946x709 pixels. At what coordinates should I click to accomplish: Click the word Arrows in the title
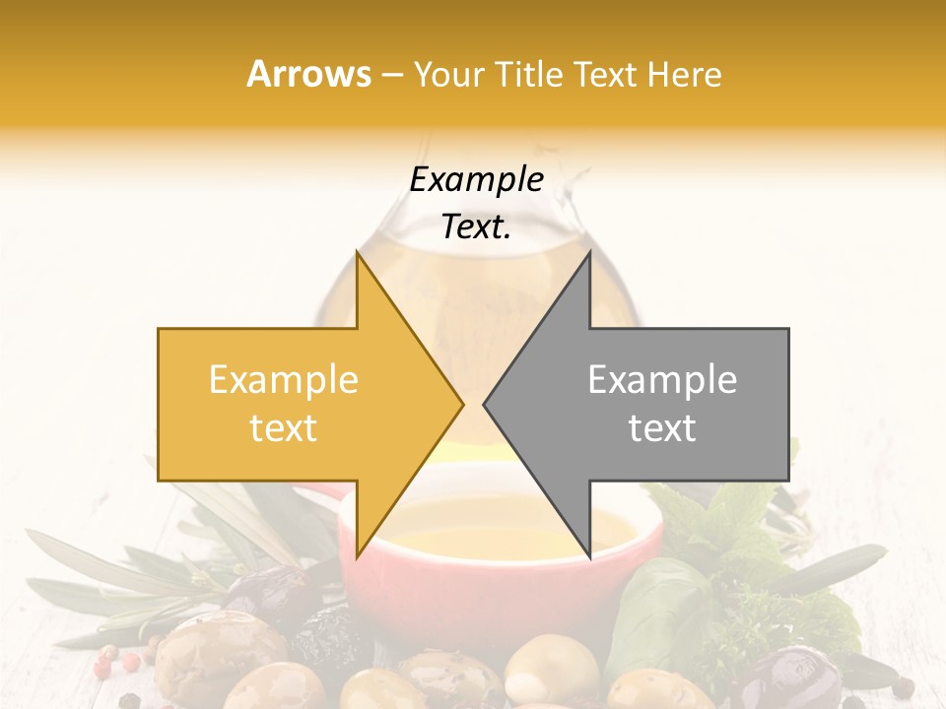pyautogui.click(x=309, y=74)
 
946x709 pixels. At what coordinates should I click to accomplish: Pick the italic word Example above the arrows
pyautogui.click(x=476, y=179)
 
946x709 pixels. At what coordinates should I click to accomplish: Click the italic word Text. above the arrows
pyautogui.click(x=476, y=226)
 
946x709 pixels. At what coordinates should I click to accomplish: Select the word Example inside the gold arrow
pyautogui.click(x=284, y=380)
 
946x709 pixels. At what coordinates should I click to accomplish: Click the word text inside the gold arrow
pyautogui.click(x=284, y=428)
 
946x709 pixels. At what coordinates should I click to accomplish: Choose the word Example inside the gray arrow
pyautogui.click(x=662, y=380)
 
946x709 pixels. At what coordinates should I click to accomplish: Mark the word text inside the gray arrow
pyautogui.click(x=662, y=428)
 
